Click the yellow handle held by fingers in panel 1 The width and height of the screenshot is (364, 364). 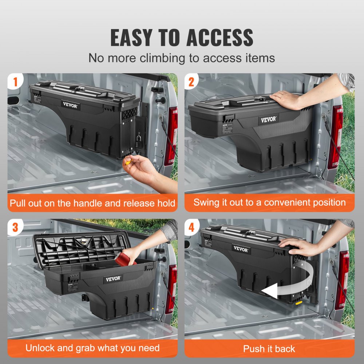point(128,162)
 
